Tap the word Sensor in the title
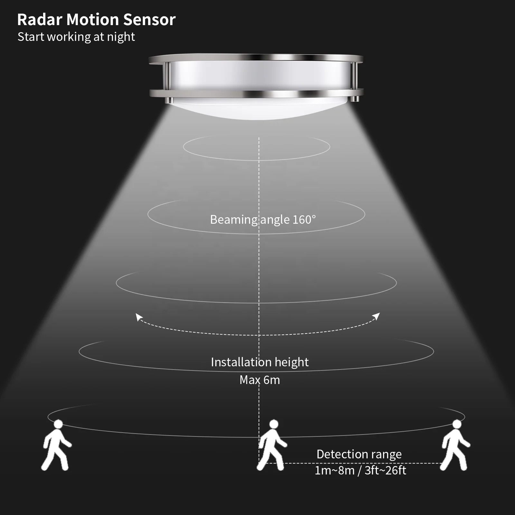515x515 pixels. pyautogui.click(x=149, y=20)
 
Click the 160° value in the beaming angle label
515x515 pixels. pyautogui.click(x=304, y=220)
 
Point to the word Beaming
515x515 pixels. pyautogui.click(x=233, y=220)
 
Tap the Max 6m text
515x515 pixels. pyautogui.click(x=260, y=380)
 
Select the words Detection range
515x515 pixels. pyautogui.click(x=359, y=454)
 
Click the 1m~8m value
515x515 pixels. pyautogui.click(x=334, y=471)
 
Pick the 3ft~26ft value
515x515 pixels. pyautogui.click(x=385, y=471)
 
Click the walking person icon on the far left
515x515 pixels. pyautogui.click(x=56, y=446)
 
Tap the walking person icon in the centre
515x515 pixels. pyautogui.click(x=272, y=446)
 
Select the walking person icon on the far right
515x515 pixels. pyautogui.click(x=455, y=446)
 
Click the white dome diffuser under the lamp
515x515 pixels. pyautogui.click(x=257, y=109)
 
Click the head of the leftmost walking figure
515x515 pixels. pyautogui.click(x=58, y=424)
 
